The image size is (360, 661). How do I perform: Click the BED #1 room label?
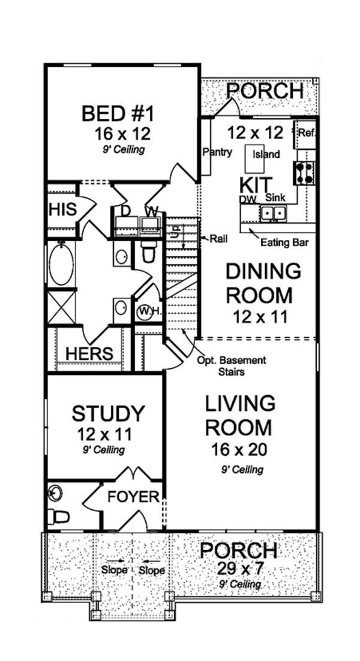(118, 114)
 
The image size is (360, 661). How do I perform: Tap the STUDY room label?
(109, 413)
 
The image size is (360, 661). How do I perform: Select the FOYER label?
(133, 497)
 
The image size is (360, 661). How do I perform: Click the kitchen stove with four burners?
(304, 173)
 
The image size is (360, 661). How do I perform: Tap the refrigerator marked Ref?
(305, 134)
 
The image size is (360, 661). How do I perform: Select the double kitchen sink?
(273, 214)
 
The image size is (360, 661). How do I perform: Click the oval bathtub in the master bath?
(62, 265)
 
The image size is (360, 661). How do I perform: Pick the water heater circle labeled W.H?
(145, 311)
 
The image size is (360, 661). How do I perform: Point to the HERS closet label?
(89, 353)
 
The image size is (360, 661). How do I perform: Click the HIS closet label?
(63, 209)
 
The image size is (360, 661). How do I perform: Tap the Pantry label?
(217, 152)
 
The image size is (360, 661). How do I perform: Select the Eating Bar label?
(285, 243)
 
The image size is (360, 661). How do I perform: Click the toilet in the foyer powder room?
(58, 516)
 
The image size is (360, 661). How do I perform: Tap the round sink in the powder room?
(55, 491)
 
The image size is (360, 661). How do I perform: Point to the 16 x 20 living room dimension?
(239, 450)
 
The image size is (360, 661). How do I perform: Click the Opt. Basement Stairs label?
(232, 366)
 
